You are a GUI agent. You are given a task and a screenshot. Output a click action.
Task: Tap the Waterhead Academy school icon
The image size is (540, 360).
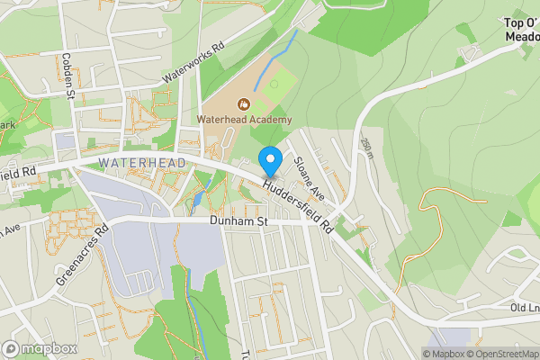[x=244, y=103]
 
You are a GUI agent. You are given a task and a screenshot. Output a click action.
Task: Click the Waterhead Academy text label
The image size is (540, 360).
[x=245, y=120]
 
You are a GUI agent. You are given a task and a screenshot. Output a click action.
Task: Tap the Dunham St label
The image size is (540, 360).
[x=239, y=220]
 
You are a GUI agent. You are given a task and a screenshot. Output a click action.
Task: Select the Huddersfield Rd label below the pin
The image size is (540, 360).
[x=299, y=203]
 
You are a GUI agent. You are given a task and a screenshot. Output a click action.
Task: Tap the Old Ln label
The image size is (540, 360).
[x=524, y=309]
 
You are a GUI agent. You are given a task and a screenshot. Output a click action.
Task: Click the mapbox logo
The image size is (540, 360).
[x=40, y=348]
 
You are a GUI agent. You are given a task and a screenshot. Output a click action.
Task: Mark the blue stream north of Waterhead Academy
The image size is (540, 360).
[x=276, y=59]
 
